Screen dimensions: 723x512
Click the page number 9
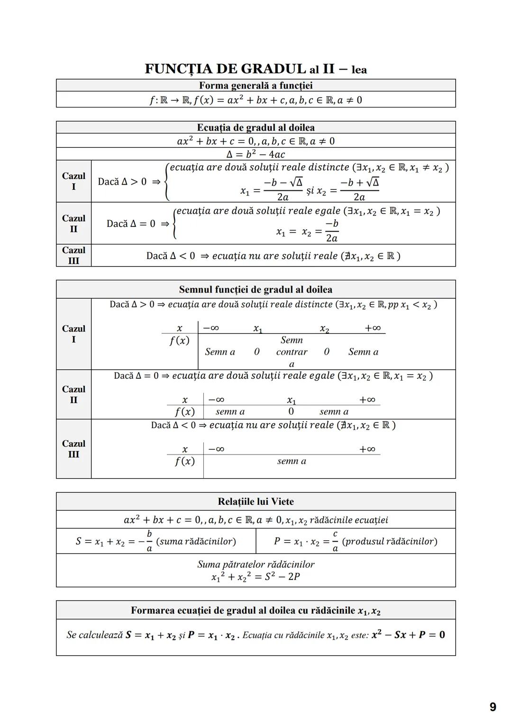[493, 707]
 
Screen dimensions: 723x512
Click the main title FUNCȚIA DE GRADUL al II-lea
[256, 69]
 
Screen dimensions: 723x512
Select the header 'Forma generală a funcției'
[256, 86]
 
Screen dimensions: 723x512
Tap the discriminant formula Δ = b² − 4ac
[256, 154]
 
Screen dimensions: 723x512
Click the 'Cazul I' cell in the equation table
[73, 181]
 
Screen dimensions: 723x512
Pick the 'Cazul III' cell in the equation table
[73, 255]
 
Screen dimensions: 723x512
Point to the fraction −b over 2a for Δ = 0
[331, 231]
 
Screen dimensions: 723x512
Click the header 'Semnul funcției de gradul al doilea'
[256, 289]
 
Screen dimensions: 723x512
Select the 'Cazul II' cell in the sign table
[73, 394]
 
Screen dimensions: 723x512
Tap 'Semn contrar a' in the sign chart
[292, 352]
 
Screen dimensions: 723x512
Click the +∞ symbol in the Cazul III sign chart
[367, 449]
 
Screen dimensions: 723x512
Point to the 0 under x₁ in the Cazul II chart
[291, 411]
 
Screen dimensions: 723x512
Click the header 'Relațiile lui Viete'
[256, 501]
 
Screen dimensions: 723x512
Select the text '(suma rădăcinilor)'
[196, 541]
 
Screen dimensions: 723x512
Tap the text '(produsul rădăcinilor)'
[389, 541]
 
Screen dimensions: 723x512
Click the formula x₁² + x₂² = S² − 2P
[256, 577]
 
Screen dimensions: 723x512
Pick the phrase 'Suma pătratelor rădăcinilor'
[256, 564]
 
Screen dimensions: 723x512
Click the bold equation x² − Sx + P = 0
[408, 635]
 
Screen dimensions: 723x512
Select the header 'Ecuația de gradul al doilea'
[256, 127]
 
